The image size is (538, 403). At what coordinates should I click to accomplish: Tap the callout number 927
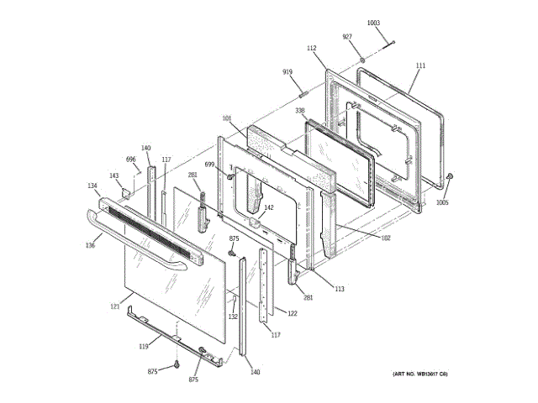(x=346, y=37)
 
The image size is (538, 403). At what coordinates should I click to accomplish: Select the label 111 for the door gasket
(x=420, y=65)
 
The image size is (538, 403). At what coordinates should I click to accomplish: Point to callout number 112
(x=311, y=49)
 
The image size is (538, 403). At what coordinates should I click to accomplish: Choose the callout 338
(x=299, y=110)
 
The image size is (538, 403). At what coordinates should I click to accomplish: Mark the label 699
(x=209, y=165)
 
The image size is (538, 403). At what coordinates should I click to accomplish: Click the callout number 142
(x=269, y=207)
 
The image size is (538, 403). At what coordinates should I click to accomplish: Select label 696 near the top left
(x=131, y=159)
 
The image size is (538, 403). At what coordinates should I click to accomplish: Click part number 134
(x=92, y=186)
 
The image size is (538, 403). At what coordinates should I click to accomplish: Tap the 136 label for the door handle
(x=89, y=245)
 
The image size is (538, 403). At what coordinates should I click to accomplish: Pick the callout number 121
(x=115, y=306)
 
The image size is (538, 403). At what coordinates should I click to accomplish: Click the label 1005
(x=442, y=202)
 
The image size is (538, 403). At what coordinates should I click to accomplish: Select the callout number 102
(x=385, y=238)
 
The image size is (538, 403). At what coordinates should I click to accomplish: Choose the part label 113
(x=339, y=289)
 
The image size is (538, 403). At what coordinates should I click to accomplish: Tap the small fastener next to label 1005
(x=451, y=176)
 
